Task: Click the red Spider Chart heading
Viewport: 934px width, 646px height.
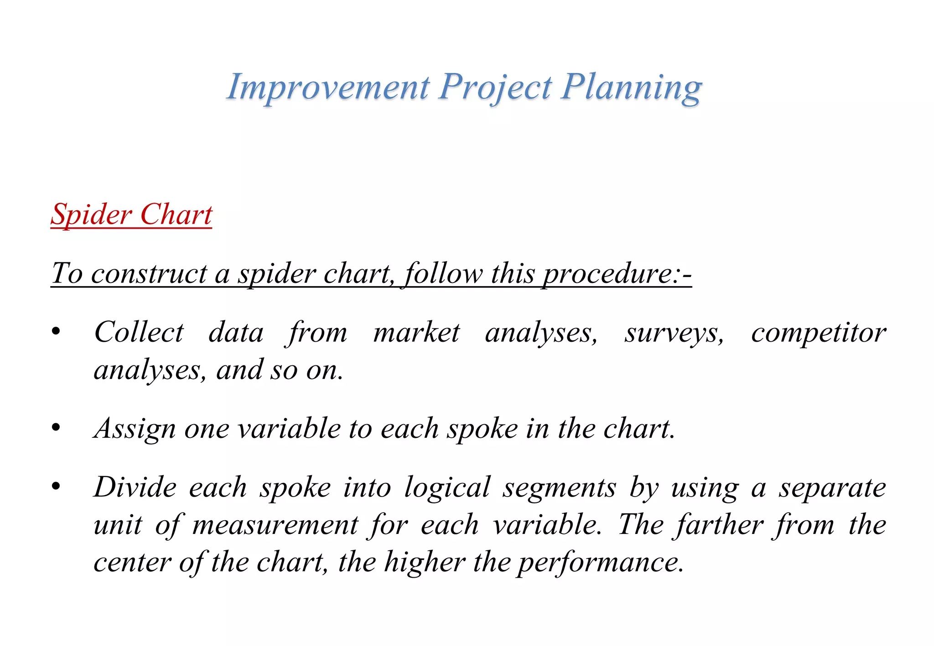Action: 131,214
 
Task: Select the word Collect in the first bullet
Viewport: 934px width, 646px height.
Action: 139,332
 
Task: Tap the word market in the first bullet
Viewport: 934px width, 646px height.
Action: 416,332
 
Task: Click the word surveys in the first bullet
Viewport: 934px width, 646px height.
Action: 674,333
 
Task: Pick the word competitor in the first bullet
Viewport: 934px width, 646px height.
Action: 818,332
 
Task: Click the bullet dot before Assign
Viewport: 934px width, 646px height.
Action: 56,428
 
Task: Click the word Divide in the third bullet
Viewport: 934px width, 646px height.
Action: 135,487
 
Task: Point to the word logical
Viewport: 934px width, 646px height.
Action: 447,487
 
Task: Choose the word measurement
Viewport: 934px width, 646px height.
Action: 275,525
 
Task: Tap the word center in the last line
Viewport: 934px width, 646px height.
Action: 132,562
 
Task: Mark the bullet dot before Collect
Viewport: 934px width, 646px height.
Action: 56,332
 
